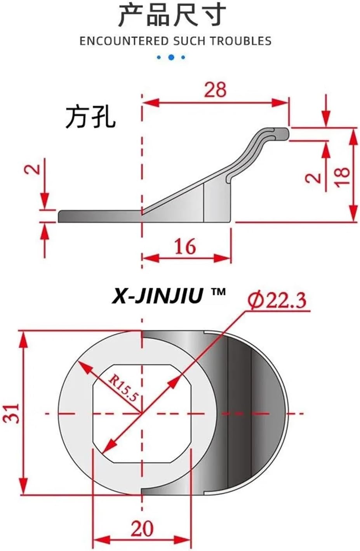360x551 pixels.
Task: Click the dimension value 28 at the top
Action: tap(215, 90)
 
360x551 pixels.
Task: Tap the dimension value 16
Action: tap(185, 247)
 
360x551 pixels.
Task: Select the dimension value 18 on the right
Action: tap(343, 177)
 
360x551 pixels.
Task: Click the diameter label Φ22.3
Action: tap(278, 300)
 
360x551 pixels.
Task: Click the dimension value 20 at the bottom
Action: tap(142, 528)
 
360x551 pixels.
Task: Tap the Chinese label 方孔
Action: tap(90, 117)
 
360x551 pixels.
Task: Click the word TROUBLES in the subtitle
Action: tap(241, 41)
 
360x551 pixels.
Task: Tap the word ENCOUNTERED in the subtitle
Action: tap(124, 41)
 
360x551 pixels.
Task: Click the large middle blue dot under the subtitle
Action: tap(171, 57)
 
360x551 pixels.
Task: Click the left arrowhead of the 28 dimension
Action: tap(150, 102)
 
